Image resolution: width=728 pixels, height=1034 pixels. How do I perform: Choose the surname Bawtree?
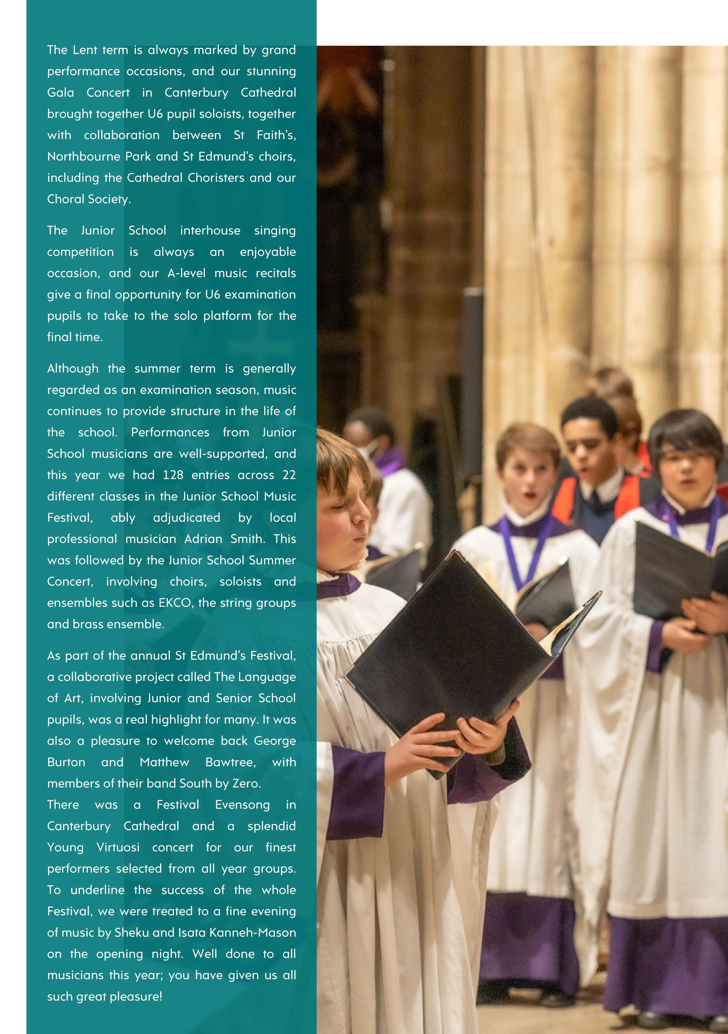point(230,763)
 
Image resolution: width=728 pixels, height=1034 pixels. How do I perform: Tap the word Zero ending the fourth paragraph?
point(246,784)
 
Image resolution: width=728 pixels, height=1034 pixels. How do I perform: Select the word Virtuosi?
point(118,848)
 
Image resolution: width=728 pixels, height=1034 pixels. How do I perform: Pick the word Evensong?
point(242,805)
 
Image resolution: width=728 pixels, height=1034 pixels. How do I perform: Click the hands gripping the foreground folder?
point(455,739)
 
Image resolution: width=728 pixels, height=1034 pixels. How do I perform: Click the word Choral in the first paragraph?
point(66,199)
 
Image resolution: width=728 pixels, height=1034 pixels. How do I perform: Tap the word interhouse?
point(210,231)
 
